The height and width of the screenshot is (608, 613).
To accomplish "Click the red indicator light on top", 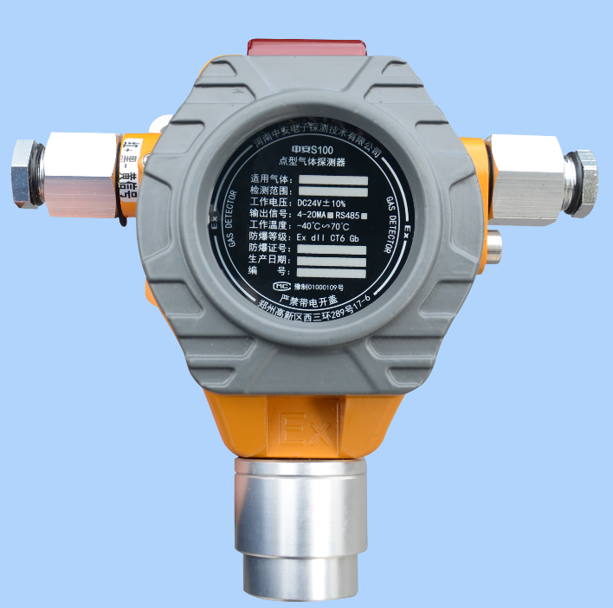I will [x=306, y=44].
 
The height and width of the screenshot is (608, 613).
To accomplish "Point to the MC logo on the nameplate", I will [x=280, y=284].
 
